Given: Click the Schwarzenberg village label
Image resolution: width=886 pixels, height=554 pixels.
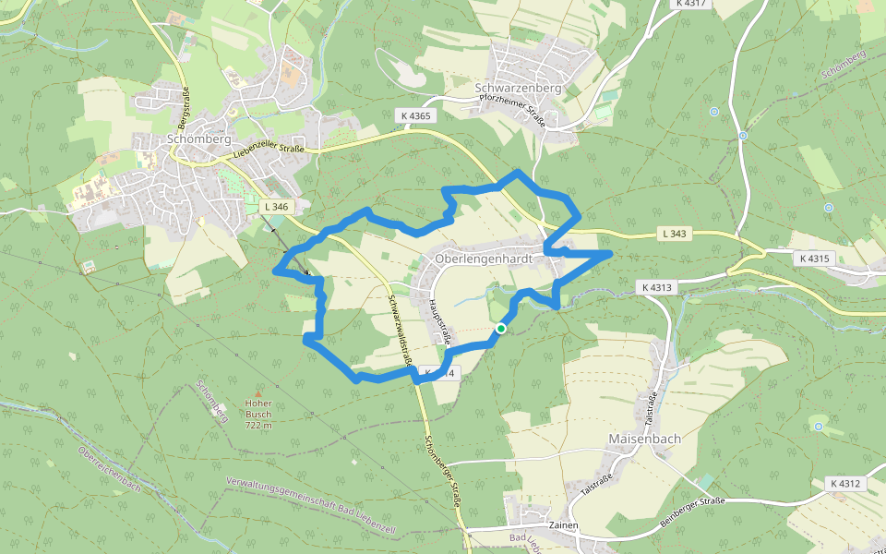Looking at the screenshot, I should [x=517, y=88].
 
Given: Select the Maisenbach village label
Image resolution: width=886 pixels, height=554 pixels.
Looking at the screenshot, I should [x=644, y=439].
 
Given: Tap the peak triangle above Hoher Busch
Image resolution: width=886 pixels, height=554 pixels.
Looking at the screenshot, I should [x=258, y=393].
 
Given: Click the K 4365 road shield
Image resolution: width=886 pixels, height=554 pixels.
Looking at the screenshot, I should [x=415, y=115].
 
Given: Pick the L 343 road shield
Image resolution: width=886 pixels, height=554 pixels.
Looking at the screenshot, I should [x=675, y=234].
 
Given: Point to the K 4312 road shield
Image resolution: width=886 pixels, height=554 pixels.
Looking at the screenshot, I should [x=844, y=484].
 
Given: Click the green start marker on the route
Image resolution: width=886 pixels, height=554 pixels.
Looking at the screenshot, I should [x=500, y=329].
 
